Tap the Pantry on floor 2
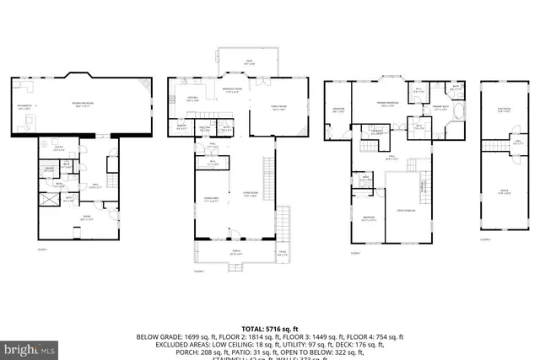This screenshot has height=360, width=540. coord(181,127)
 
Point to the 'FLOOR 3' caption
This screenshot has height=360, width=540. coord(357,252)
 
